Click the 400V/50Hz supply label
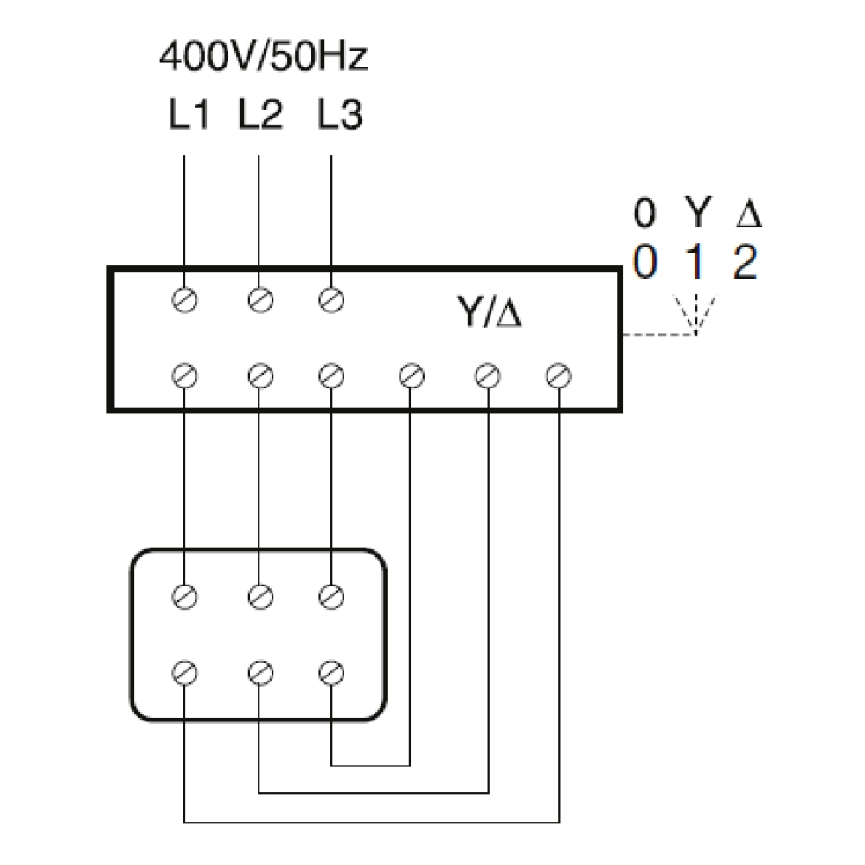coord(263,56)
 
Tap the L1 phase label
coord(189,115)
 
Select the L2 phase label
coord(260,115)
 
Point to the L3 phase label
coord(340,115)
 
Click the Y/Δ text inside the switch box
coord(490,311)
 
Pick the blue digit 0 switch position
coord(645,262)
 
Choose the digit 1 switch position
coord(695,262)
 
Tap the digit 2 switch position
coord(746,262)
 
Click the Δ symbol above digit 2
coord(749,213)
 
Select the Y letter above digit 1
coord(698,213)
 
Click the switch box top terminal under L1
coord(184,300)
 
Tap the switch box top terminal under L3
coord(331,300)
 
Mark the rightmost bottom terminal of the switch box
coord(558,376)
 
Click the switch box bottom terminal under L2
coord(260,376)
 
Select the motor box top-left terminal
coord(184,596)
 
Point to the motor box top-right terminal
coord(331,596)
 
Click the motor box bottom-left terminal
coord(184,672)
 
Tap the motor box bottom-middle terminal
coord(260,672)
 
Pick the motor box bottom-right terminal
coord(331,672)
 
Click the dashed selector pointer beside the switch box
coord(659,334)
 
